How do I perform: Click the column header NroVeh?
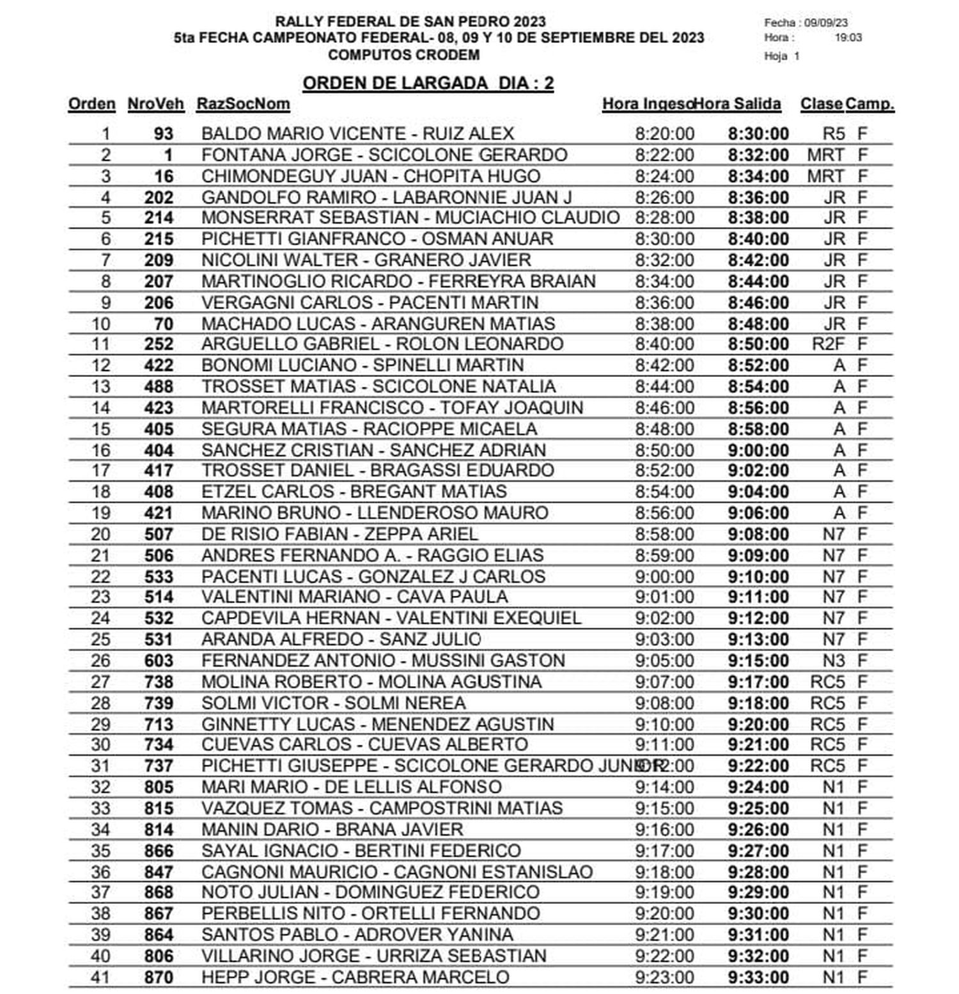click(155, 104)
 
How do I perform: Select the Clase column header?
click(821, 104)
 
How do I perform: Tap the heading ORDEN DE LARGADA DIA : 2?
click(428, 84)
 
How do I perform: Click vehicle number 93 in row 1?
click(163, 134)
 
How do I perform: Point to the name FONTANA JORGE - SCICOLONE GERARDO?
click(384, 155)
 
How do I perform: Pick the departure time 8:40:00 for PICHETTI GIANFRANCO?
click(758, 240)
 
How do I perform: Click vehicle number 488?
click(159, 386)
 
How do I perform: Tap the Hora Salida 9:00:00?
click(758, 450)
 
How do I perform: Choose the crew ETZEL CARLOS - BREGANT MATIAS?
click(354, 492)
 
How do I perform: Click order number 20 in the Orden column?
click(100, 534)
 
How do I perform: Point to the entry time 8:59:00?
click(664, 555)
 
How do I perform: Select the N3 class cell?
click(833, 661)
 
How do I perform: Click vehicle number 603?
click(159, 661)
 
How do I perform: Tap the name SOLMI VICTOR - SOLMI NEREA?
click(333, 703)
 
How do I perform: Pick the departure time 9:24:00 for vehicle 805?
click(758, 787)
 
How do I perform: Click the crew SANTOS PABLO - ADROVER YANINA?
click(357, 935)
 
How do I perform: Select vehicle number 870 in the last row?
click(159, 977)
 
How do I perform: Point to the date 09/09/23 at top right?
click(826, 22)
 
